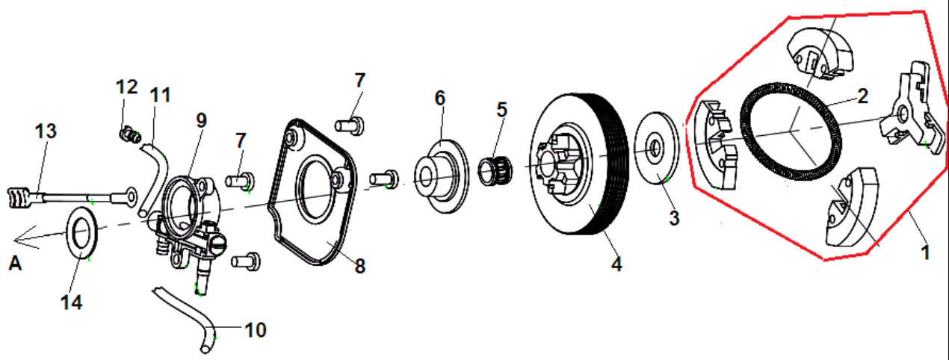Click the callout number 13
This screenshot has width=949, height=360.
click(46, 131)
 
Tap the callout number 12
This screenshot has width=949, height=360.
click(126, 87)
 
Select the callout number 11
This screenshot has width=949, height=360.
click(160, 96)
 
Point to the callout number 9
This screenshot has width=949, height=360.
click(201, 120)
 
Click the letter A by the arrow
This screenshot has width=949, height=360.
click(15, 263)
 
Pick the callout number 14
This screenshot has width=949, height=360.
click(72, 302)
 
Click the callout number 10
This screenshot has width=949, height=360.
click(255, 329)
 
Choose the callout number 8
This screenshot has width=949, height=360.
click(360, 265)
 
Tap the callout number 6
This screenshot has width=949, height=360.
click(439, 97)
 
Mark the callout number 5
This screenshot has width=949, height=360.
click(501, 109)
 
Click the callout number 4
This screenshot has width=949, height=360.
click(616, 263)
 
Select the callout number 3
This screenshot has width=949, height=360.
click(674, 218)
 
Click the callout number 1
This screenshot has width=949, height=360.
click(925, 252)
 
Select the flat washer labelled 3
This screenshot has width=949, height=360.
click(656, 149)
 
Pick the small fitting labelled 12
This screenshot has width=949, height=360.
click(132, 136)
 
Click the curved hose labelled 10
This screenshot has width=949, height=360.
click(187, 317)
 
